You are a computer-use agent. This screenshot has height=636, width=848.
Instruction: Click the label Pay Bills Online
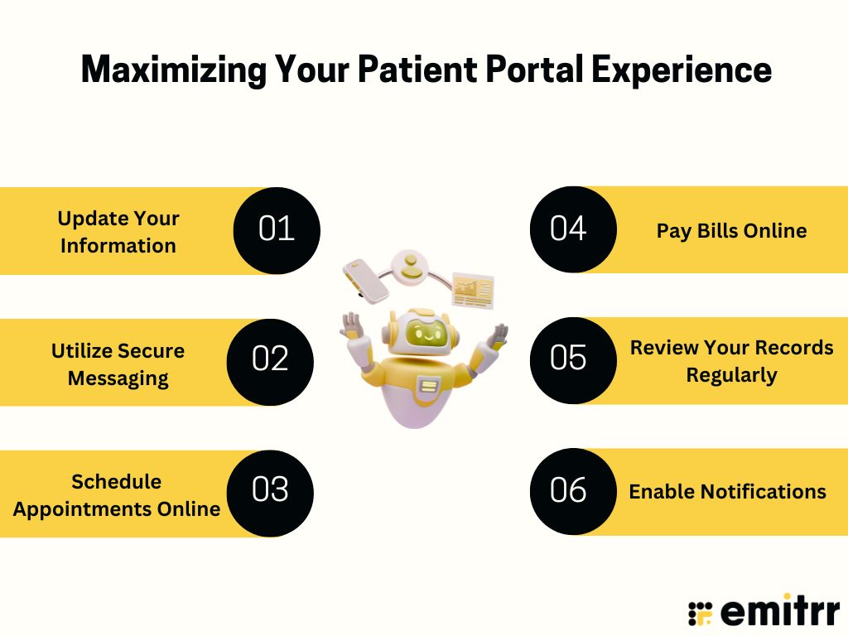point(731,230)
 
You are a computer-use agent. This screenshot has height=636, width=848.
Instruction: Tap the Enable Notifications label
point(727,491)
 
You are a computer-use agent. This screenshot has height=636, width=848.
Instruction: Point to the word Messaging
point(118,378)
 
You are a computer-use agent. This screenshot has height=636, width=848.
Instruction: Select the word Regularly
point(731,374)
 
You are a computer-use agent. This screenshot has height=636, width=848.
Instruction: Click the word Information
point(118,245)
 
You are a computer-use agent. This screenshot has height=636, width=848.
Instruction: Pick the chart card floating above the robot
point(473,290)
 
